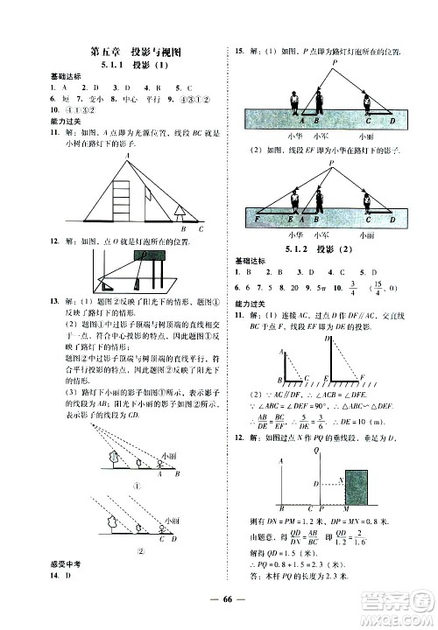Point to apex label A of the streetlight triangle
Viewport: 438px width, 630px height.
point(127,157)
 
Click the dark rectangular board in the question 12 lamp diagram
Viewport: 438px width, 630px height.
point(148,255)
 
